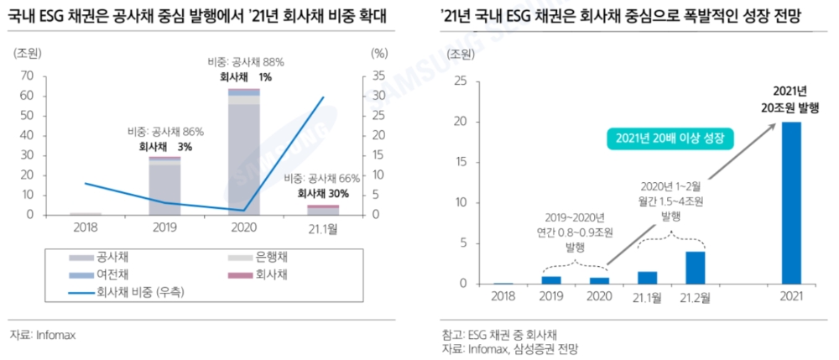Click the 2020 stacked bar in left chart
tap(244, 151)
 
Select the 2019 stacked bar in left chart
tap(164, 185)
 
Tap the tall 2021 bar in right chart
tap(791, 202)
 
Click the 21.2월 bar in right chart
tap(696, 268)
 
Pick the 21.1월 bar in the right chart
tap(647, 278)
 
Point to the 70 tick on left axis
tap(28, 76)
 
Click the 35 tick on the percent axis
tap(378, 76)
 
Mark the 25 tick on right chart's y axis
tap(460, 81)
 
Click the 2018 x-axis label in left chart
tap(85, 227)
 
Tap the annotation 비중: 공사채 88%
tap(246, 62)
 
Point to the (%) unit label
tap(379, 53)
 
